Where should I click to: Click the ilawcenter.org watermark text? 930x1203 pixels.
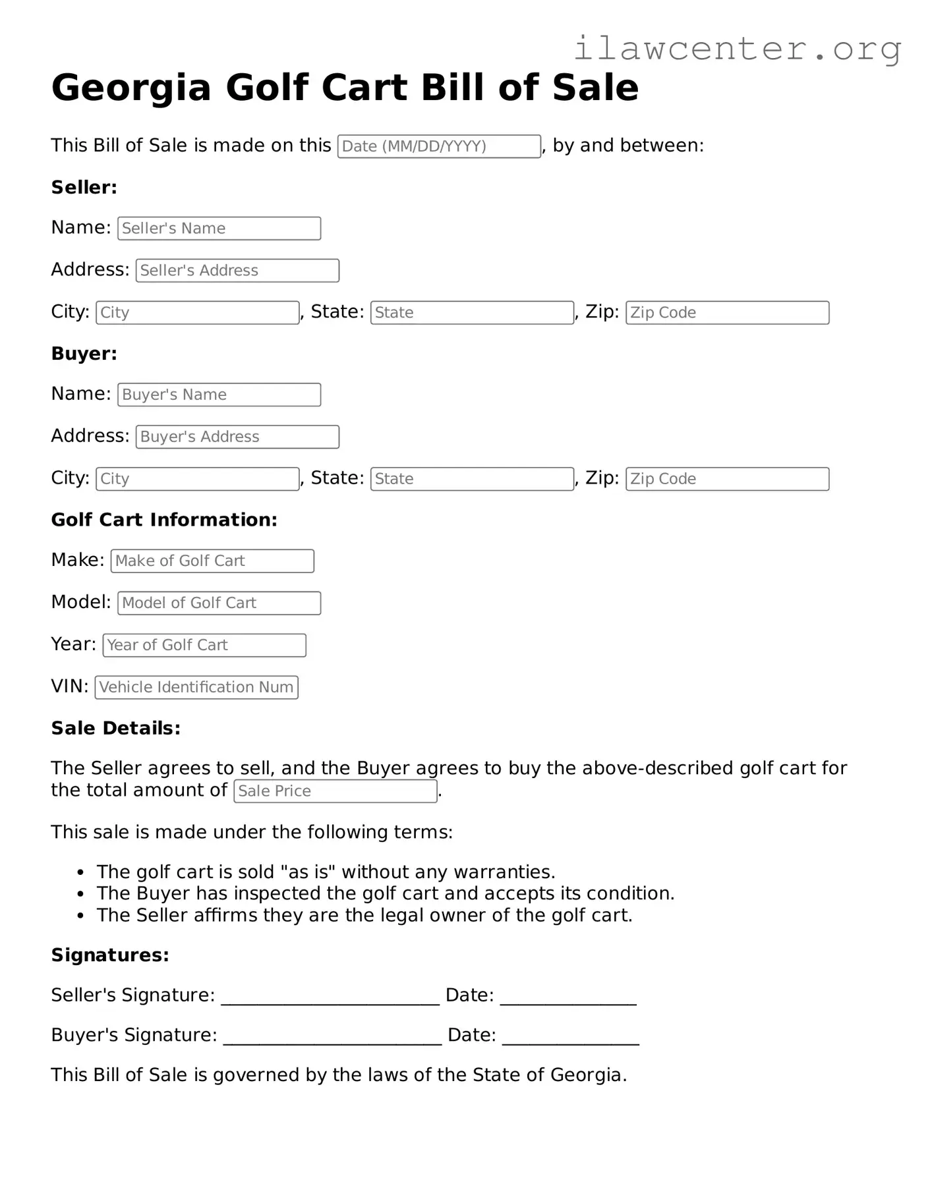737,48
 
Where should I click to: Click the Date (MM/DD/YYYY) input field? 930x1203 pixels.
439,146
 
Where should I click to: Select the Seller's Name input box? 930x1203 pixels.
219,229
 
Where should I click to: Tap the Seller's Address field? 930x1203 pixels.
237,271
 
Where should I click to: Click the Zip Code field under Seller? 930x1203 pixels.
727,313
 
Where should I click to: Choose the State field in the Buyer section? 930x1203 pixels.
472,479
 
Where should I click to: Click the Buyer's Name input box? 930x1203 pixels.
219,395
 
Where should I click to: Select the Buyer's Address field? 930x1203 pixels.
237,437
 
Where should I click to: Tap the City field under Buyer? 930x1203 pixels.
198,479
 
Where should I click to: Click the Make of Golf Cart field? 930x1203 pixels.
212,561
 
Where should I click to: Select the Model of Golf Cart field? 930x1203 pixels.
219,603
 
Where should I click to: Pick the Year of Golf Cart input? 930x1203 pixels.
204,645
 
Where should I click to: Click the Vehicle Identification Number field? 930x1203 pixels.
196,687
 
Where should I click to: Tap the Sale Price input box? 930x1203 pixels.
335,791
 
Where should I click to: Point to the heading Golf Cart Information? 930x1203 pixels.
164,520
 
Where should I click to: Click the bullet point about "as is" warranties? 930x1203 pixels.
326,872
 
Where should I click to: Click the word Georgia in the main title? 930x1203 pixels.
131,88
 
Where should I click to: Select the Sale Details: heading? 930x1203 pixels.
115,728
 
